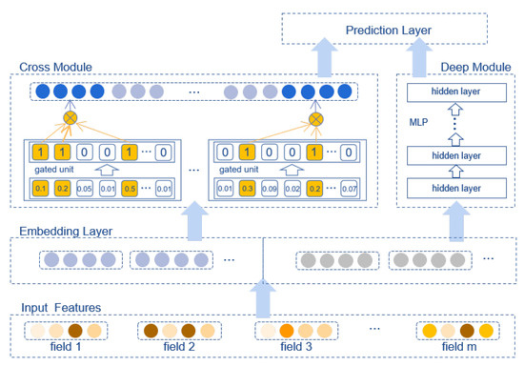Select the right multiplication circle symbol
315,122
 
